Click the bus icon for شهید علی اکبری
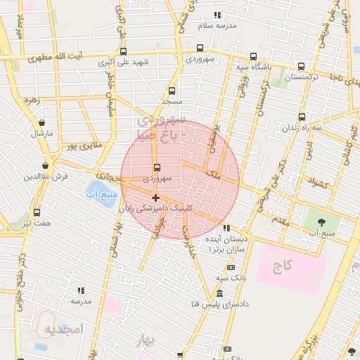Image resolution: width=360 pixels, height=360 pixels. point(124,51)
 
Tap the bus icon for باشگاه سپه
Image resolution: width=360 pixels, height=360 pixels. point(253,57)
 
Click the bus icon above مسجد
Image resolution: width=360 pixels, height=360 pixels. point(172,91)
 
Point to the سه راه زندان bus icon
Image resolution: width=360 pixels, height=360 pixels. point(302,117)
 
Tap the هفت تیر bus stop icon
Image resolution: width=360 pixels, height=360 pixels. point(37,212)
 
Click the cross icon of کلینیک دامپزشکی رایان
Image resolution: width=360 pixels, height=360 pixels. point(155,198)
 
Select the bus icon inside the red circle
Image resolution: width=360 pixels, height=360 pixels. point(156,168)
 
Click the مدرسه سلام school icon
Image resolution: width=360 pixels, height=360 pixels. point(217,15)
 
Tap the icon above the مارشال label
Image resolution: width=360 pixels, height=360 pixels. point(41,120)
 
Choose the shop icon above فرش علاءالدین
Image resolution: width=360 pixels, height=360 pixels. point(46,166)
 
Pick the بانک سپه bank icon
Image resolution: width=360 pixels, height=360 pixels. point(231,267)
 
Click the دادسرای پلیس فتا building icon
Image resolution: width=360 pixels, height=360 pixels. point(221,292)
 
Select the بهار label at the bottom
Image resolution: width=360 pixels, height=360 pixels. point(146,341)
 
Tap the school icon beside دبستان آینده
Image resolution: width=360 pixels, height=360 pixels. point(226,229)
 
